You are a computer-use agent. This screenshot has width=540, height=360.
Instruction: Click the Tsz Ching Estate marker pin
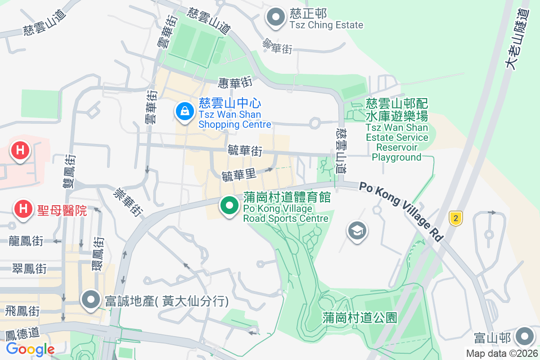point(276,18)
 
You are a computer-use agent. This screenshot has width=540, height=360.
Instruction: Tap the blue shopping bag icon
point(184,111)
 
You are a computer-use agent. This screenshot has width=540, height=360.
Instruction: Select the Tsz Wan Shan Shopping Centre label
point(235,114)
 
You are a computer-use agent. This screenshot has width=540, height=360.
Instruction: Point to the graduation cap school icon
point(357,232)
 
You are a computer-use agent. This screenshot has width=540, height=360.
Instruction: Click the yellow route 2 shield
point(456,219)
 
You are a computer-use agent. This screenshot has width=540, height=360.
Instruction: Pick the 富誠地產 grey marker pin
point(91,300)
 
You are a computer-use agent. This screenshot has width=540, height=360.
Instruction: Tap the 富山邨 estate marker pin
point(524,337)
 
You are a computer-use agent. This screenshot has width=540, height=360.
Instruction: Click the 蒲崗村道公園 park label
point(360,318)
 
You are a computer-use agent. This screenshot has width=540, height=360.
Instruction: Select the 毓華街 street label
point(245,150)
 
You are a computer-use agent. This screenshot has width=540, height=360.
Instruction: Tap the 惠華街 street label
point(235,82)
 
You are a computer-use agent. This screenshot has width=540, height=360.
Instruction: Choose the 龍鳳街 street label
point(26,241)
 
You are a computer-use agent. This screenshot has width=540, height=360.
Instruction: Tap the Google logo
point(30,349)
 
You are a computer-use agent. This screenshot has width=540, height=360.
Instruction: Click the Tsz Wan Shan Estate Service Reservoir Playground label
point(396,132)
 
